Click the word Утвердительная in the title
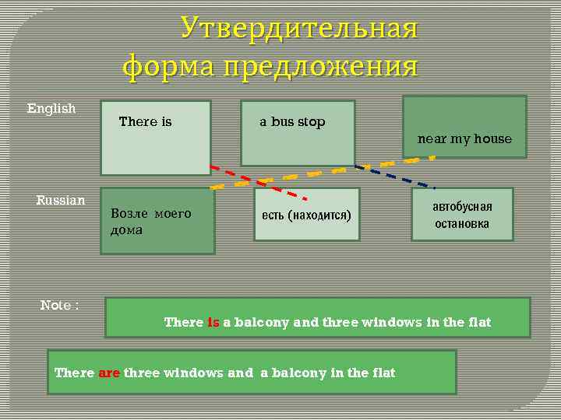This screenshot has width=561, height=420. click(299, 29)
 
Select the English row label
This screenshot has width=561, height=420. click(51, 108)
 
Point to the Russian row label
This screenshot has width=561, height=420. click(61, 201)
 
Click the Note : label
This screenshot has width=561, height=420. click(59, 305)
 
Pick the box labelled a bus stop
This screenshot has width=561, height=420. click(298, 133)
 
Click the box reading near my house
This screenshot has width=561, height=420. click(464, 127)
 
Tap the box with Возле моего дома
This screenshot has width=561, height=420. click(157, 221)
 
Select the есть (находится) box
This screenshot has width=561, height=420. click(307, 214)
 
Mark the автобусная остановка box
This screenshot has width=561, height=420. click(462, 214)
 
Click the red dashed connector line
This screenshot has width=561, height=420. click(257, 181)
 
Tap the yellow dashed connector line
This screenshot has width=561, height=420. click(327, 172)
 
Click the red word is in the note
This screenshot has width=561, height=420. click(213, 322)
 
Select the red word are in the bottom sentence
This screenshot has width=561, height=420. click(108, 373)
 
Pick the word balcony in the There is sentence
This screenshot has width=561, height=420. click(262, 322)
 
